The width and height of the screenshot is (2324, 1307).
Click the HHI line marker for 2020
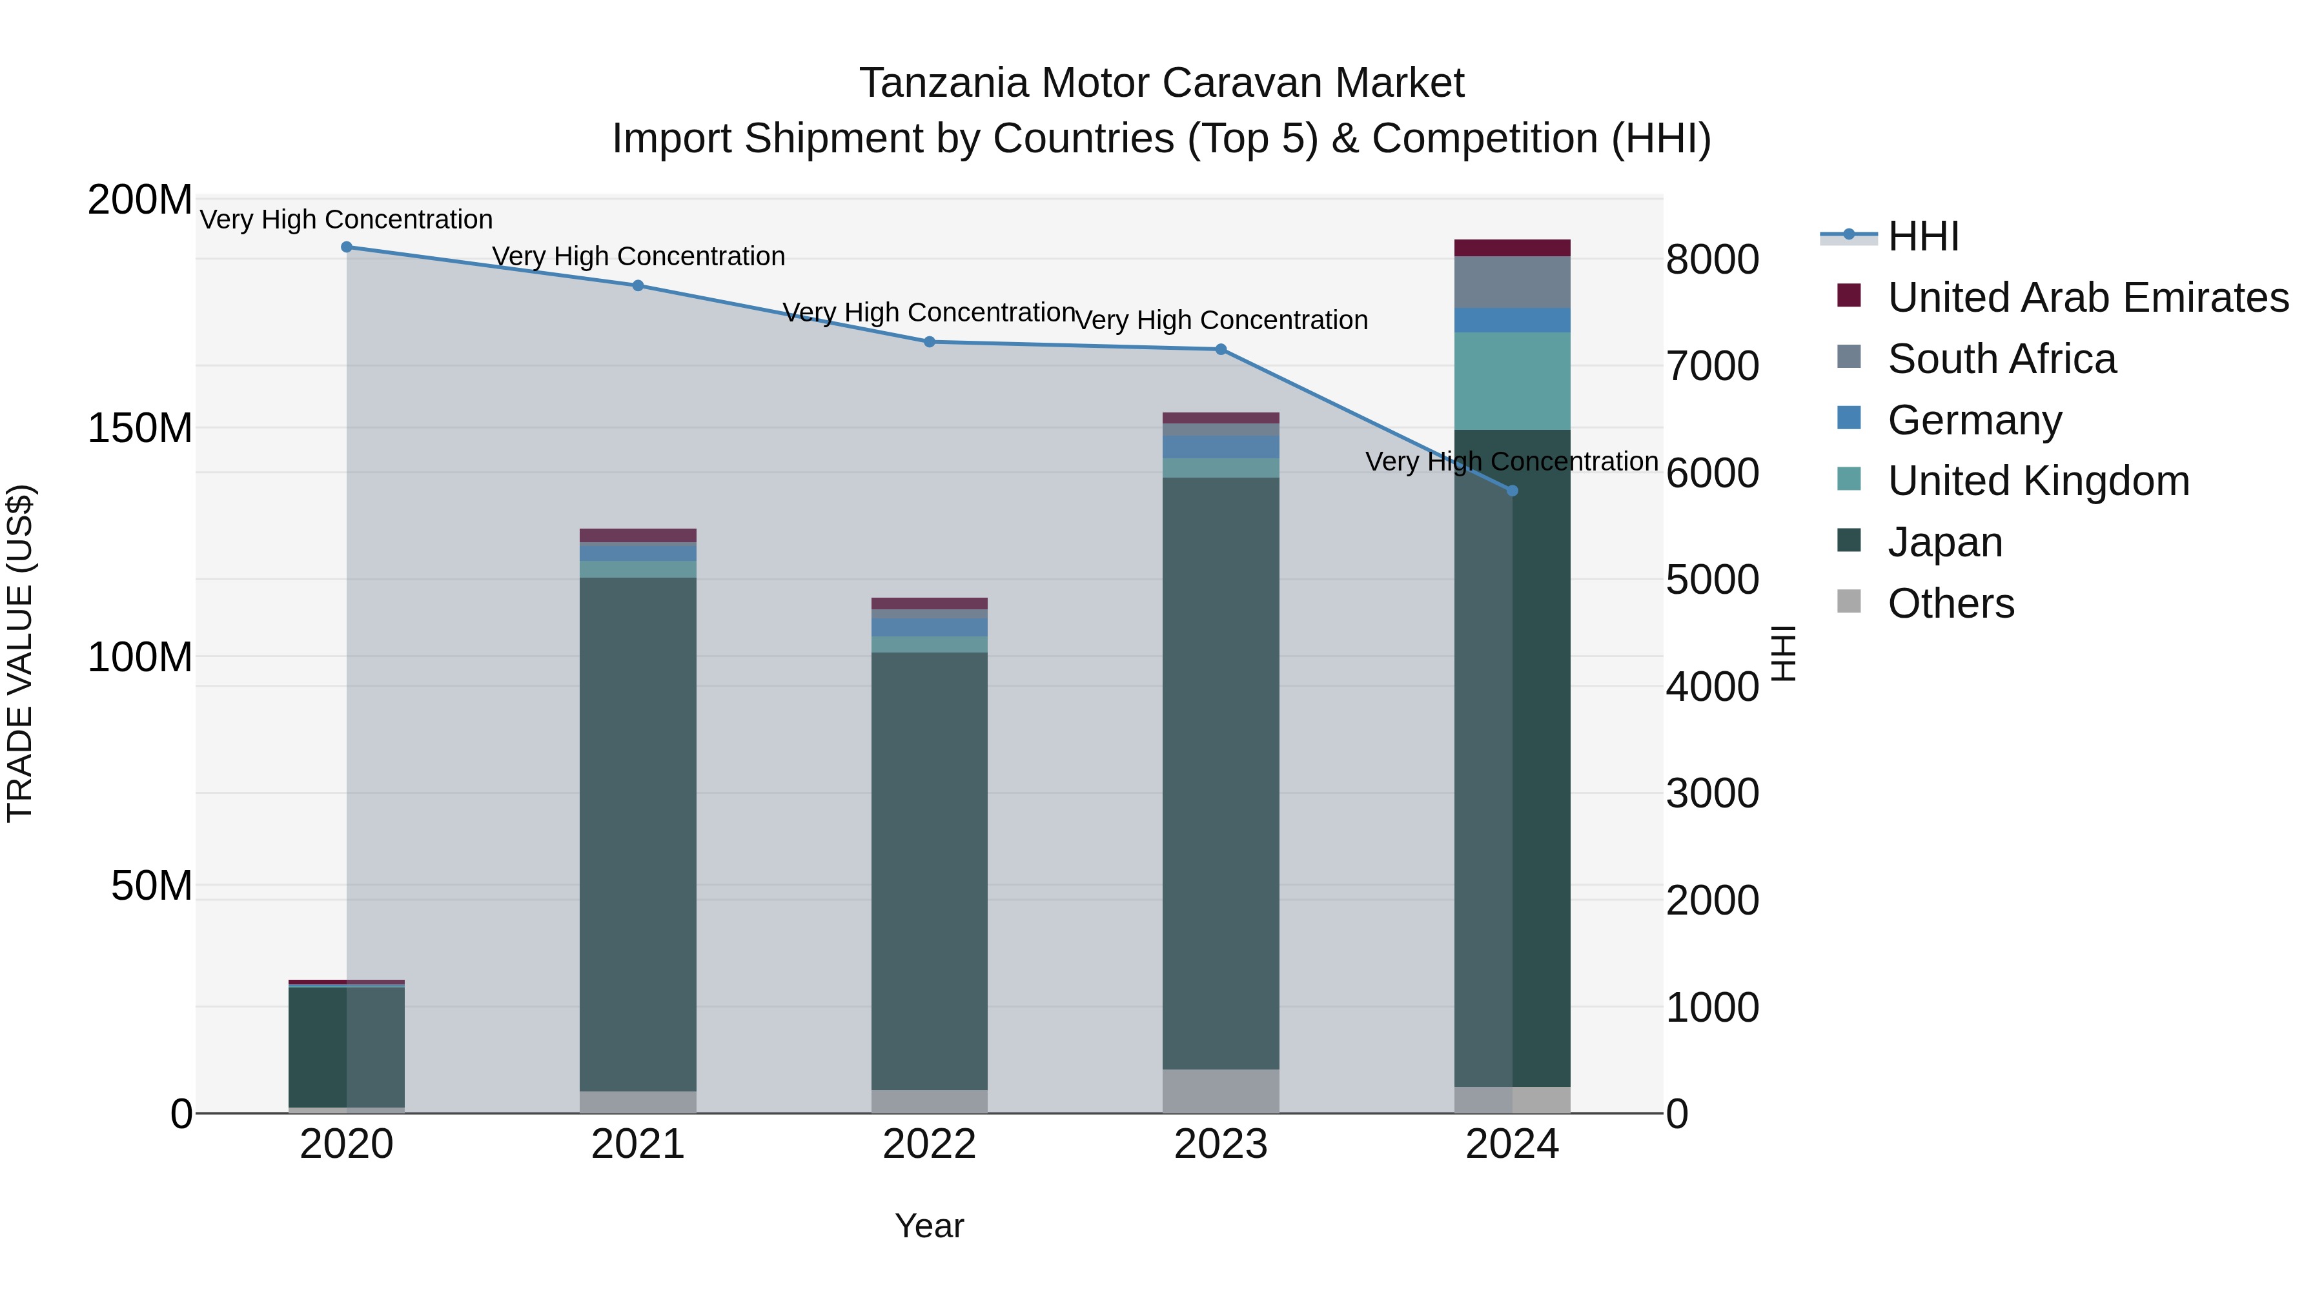[x=347, y=247]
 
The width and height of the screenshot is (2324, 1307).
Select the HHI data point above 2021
[x=638, y=286]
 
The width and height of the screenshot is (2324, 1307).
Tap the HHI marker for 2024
[x=1513, y=491]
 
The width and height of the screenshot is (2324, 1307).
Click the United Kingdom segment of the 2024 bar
[x=1513, y=381]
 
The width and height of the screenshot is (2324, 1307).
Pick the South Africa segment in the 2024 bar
[x=1513, y=282]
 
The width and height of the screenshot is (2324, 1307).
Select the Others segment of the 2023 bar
[x=1221, y=1091]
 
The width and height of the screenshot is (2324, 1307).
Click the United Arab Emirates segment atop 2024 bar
[x=1513, y=248]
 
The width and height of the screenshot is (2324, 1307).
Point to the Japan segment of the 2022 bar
[x=929, y=871]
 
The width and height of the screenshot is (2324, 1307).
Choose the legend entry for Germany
[x=1974, y=420]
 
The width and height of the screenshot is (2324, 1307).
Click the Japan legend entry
[x=1944, y=542]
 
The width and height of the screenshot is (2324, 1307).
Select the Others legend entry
[x=1950, y=603]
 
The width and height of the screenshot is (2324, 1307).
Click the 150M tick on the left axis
[x=140, y=429]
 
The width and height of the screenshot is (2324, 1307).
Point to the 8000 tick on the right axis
[x=1711, y=259]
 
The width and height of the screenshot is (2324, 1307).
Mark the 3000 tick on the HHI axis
[x=1711, y=794]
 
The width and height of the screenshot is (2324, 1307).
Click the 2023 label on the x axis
[x=1221, y=1144]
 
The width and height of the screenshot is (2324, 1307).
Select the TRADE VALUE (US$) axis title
[x=20, y=653]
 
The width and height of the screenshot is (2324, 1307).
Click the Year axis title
[x=929, y=1226]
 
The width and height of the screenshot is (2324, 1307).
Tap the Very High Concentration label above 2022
[x=929, y=313]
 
